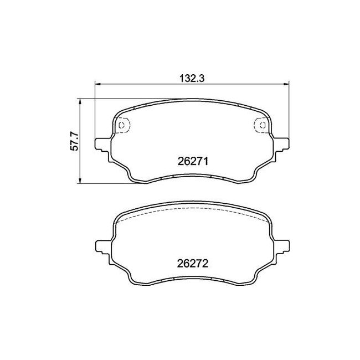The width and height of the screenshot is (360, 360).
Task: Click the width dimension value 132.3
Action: (192, 79)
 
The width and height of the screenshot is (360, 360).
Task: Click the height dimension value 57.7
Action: (74, 141)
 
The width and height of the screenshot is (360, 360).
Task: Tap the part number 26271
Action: (193, 161)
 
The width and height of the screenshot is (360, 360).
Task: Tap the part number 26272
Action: (193, 264)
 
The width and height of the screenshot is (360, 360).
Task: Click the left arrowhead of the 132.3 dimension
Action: (98, 84)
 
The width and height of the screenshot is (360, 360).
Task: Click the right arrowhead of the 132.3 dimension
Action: (286, 84)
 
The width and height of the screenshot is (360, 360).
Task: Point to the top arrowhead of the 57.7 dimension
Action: (80, 102)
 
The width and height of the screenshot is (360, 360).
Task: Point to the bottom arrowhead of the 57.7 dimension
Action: (80, 181)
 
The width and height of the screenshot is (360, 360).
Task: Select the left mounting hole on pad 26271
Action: (122, 125)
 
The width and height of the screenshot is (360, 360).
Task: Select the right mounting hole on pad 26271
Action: (263, 125)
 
